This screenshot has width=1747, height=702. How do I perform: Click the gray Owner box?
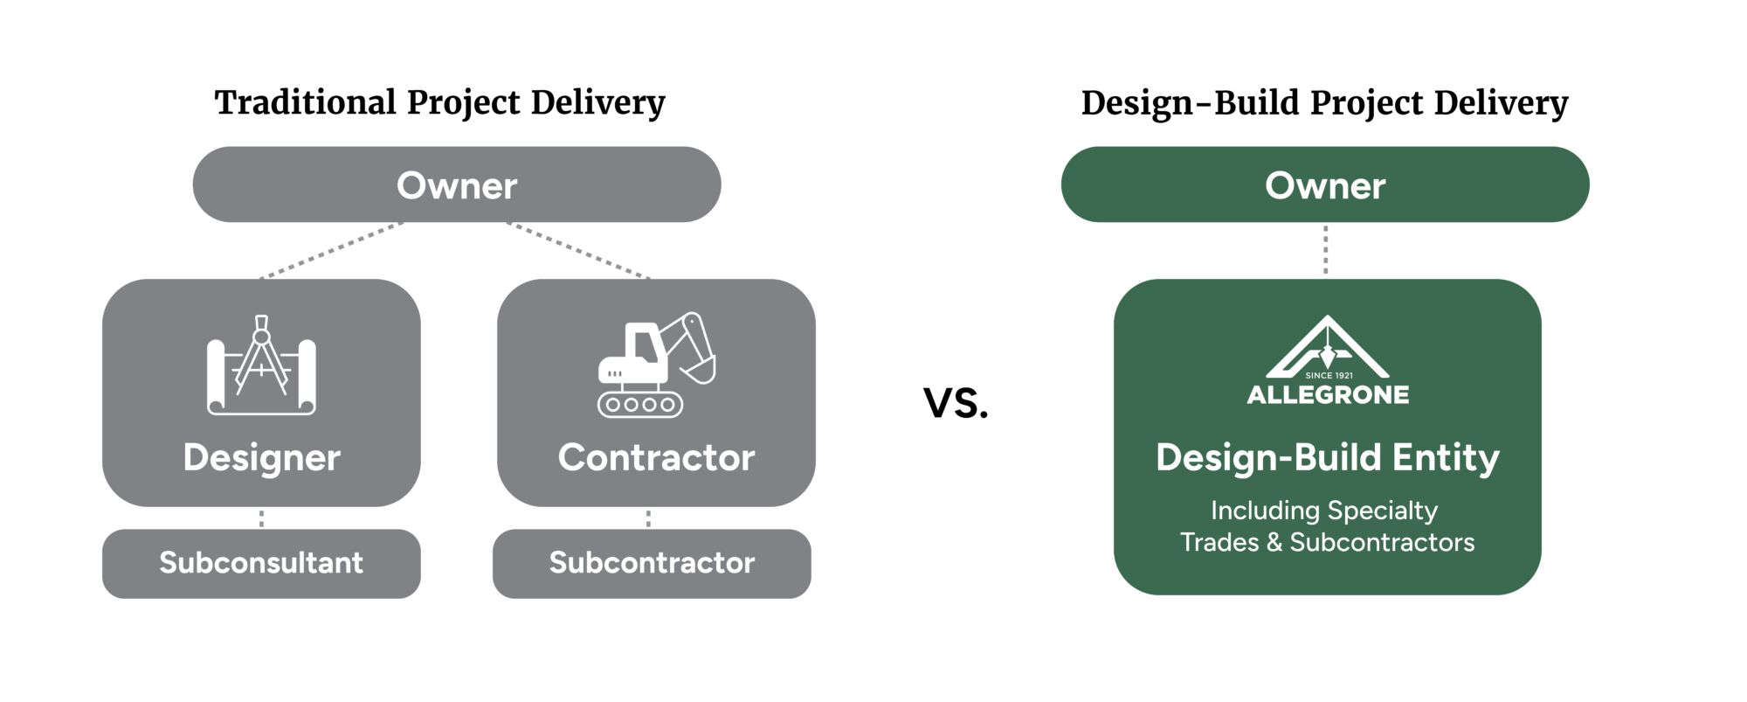pos(456,184)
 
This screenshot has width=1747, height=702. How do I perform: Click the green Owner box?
pos(1324,184)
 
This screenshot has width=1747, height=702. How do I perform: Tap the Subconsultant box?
pos(261,563)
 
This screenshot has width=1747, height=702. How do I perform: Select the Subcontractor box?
pos(652,563)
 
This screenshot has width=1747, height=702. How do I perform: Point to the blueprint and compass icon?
pos(261,365)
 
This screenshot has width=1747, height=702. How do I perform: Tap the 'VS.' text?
pos(956,403)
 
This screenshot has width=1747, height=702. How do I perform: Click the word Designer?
pos(261,457)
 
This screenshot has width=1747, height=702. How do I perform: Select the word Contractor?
pos(656,457)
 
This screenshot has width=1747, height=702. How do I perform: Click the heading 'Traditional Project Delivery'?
pos(439,102)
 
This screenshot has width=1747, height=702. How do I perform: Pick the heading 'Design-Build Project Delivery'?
pos(1324,103)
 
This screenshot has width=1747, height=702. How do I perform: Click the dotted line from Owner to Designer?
pos(332,251)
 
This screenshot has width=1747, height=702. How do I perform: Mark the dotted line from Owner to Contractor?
pos(578,251)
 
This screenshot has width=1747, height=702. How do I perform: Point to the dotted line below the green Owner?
pos(1326,250)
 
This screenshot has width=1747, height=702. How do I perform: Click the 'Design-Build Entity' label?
pos(1327,457)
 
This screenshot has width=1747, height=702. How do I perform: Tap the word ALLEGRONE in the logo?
pos(1328,395)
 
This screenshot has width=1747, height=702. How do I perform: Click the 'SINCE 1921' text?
pos(1329,375)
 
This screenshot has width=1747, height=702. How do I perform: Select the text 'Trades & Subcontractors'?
pos(1327,542)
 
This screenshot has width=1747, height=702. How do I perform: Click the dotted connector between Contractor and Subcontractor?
pos(648,518)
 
